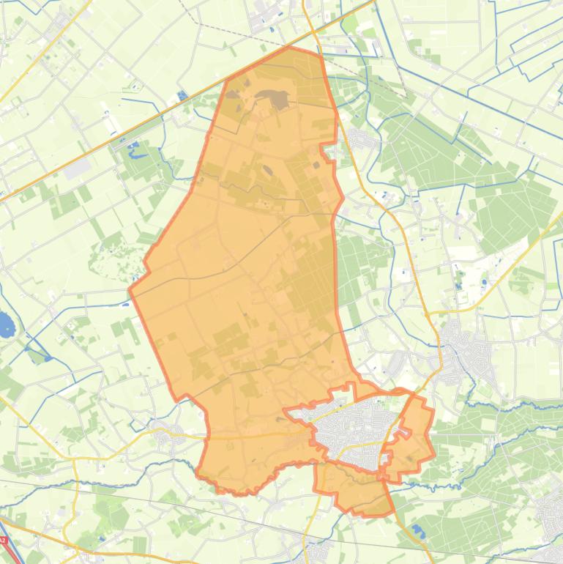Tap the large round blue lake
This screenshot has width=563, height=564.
5,322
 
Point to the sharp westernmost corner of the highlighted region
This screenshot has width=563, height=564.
130,289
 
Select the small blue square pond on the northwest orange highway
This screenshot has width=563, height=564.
182,96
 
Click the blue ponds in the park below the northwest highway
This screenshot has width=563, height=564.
135,151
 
